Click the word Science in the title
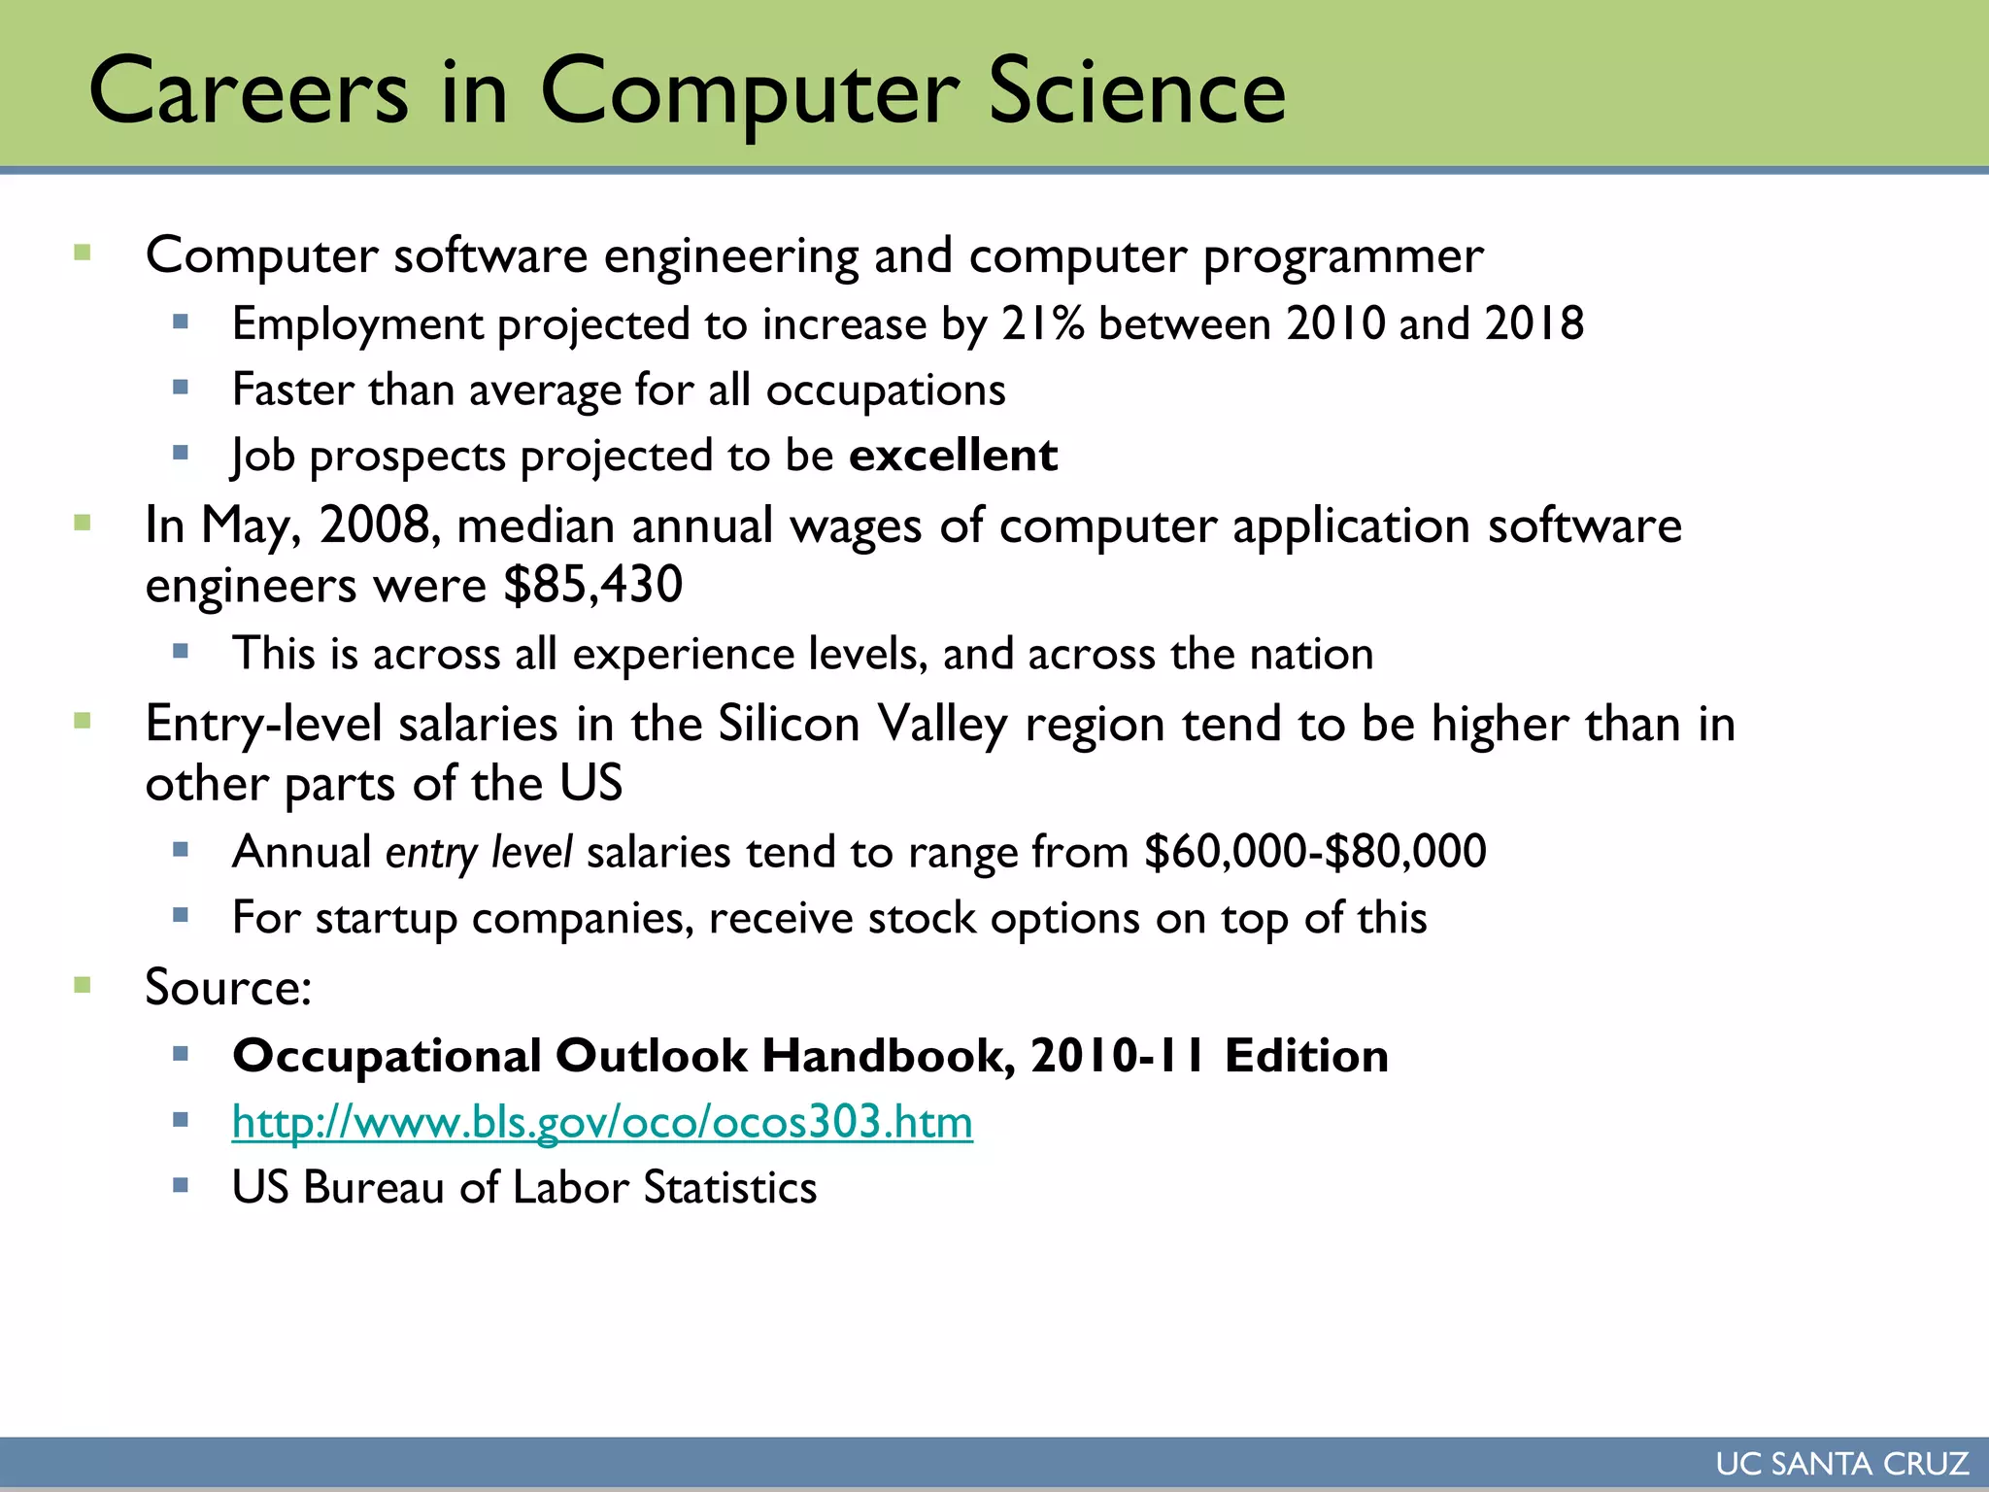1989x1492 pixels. [x=1136, y=91]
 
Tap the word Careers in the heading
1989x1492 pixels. [x=249, y=91]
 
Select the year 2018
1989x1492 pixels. [x=1534, y=323]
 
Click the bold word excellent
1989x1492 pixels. [x=953, y=456]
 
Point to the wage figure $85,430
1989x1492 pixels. [x=593, y=585]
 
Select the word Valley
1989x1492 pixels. [x=942, y=725]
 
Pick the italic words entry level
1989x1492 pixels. [x=479, y=853]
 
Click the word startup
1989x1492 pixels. [x=386, y=919]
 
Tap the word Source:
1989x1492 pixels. [x=228, y=988]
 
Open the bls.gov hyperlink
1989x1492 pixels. [x=602, y=1122]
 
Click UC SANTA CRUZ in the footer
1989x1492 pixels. [x=1841, y=1464]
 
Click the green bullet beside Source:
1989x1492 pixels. [x=83, y=986]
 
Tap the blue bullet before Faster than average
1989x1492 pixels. [x=180, y=388]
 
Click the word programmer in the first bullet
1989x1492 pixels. [x=1343, y=256]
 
